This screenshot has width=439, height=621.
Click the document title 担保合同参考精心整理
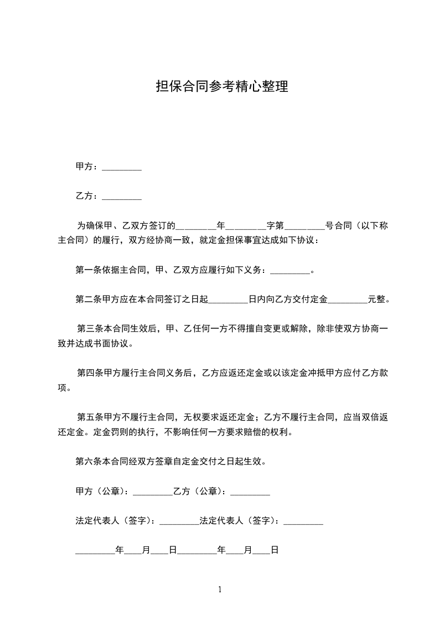point(222,87)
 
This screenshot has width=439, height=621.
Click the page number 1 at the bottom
point(220,589)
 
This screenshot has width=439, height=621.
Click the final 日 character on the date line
point(273,550)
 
